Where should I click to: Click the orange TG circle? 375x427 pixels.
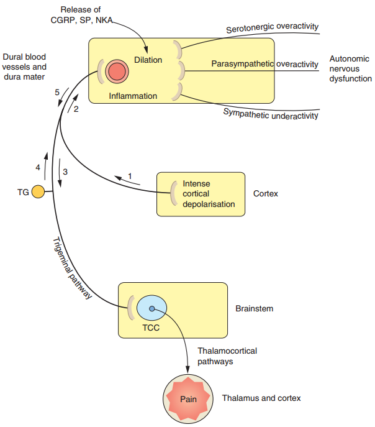point(38,192)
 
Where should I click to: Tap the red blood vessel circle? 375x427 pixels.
point(116,71)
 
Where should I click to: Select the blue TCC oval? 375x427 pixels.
point(151,308)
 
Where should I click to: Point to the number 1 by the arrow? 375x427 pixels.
point(130,176)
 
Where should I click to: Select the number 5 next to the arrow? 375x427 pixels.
point(56,93)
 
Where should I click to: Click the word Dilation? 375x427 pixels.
point(148,60)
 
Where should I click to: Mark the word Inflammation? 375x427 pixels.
point(133,96)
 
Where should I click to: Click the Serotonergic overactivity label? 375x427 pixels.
point(272,27)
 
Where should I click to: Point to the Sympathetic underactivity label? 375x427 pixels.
point(271,113)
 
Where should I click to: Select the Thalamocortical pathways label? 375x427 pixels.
point(227,356)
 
